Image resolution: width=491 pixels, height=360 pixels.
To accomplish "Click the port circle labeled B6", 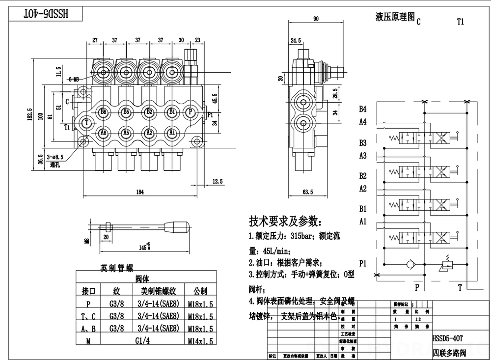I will pyautogui.click(x=103, y=112).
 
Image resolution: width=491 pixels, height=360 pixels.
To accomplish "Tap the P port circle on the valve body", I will pyautogui.click(x=190, y=112).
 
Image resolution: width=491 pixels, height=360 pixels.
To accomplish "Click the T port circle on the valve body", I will pyautogui.click(x=87, y=122).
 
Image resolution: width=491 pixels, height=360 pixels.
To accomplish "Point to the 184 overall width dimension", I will pyautogui.click(x=140, y=192).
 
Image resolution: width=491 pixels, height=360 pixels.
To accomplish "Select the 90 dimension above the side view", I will pyautogui.click(x=316, y=19).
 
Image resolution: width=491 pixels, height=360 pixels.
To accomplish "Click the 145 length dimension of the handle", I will pyautogui.click(x=144, y=246).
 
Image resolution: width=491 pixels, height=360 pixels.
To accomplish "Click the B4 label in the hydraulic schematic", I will pyautogui.click(x=363, y=109).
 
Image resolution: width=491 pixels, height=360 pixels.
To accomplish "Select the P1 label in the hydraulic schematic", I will pyautogui.click(x=363, y=264).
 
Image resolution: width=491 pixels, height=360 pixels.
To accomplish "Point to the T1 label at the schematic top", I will pyautogui.click(x=460, y=22).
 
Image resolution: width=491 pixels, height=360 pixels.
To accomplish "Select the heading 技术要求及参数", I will pyautogui.click(x=285, y=220).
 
